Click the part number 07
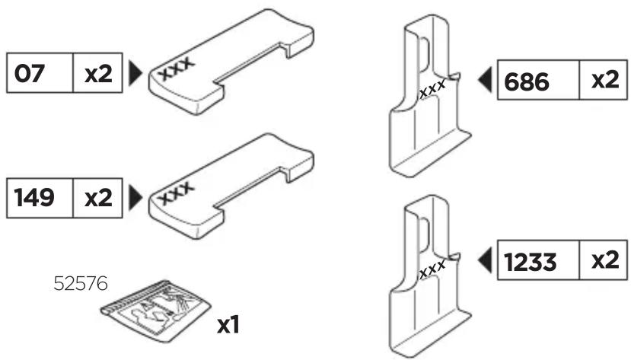[29, 74]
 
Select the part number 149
[33, 198]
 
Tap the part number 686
[527, 81]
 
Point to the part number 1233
[530, 262]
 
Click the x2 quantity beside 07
[97, 74]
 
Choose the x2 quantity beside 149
[97, 199]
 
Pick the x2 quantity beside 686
[605, 80]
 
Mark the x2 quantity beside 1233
[605, 260]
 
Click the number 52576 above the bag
[81, 284]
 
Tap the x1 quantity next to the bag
[228, 324]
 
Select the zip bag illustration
[156, 311]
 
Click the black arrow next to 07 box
[135, 73]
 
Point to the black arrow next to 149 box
[135, 197]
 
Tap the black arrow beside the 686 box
[486, 79]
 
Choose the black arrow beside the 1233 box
[486, 260]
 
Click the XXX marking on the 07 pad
[177, 68]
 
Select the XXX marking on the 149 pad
[177, 193]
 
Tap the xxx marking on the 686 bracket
[432, 89]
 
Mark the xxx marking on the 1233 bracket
[432, 269]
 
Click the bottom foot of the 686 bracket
[431, 155]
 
